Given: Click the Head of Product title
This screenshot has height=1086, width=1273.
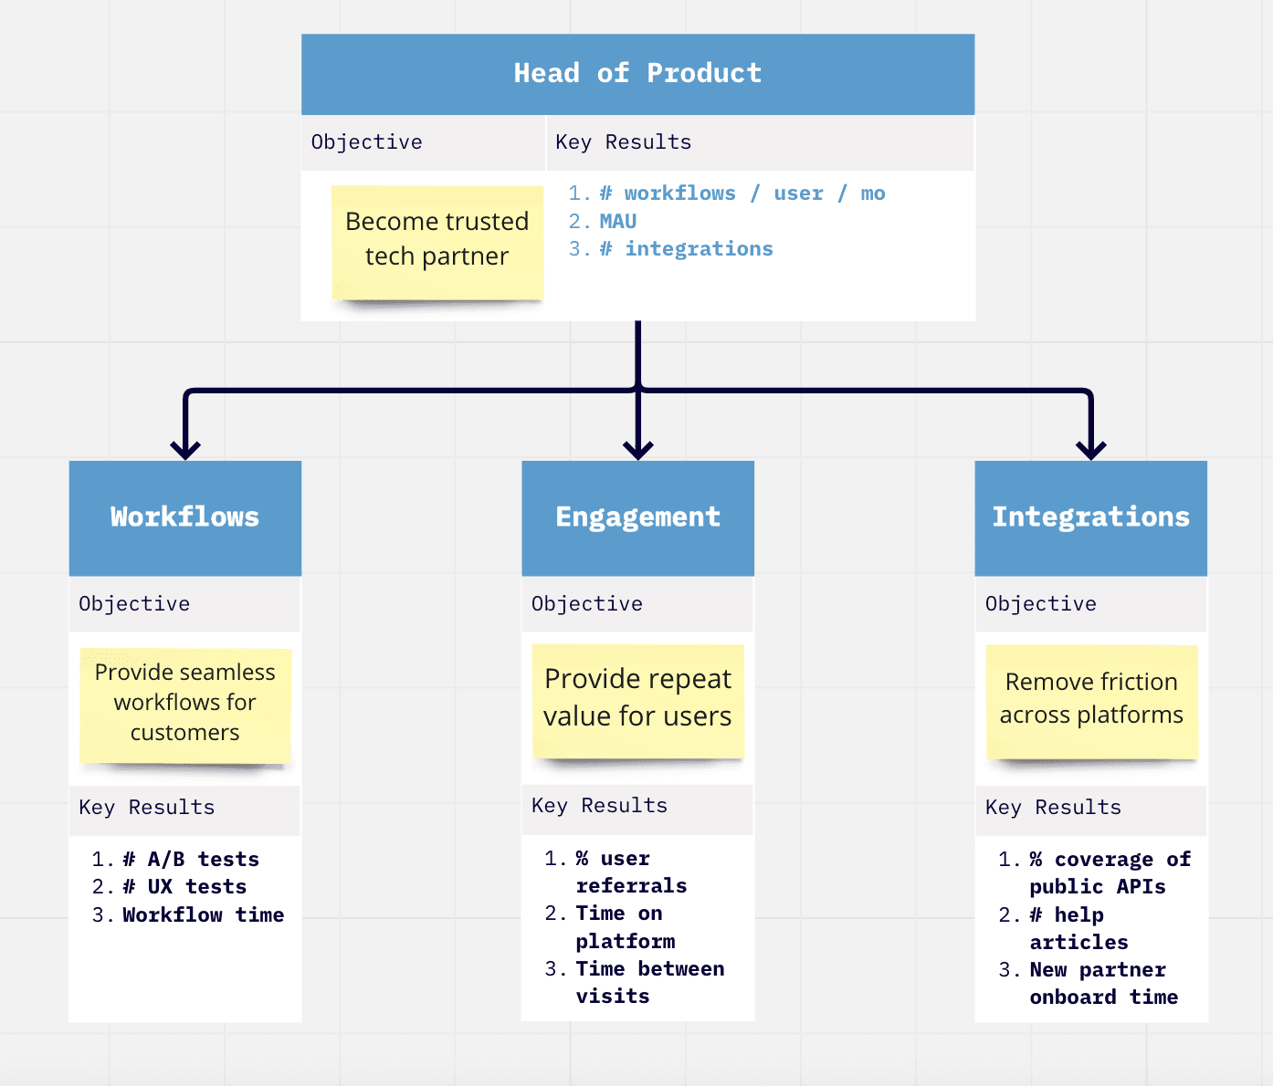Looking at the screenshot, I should point(637,73).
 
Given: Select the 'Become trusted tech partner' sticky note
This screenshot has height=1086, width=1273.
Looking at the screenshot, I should point(437,241).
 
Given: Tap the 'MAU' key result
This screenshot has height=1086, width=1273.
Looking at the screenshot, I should point(617,221).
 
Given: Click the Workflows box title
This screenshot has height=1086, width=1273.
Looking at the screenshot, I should point(184,517).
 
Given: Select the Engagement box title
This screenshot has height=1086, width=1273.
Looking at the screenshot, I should point(637,517).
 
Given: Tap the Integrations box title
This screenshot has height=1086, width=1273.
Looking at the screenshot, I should point(1090,517).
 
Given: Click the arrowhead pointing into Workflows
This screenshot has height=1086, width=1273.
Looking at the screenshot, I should point(185,449).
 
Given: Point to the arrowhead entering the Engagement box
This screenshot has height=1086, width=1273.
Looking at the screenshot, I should point(637,449).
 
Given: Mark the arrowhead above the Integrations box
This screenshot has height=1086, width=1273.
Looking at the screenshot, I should point(1091,449).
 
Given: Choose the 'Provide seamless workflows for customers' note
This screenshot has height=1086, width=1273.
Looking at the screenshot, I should point(185,703).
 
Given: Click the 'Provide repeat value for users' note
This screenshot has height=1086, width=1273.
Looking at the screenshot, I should point(637,698).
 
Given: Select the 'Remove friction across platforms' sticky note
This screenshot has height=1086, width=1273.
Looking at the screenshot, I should point(1091,699).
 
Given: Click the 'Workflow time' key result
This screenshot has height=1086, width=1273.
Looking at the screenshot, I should point(203,914).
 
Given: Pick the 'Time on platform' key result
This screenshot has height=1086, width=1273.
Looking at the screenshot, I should point(625,927).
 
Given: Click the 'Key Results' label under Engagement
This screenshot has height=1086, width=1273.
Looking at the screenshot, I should point(599,806).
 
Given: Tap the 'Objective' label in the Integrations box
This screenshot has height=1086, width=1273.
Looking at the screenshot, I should point(1040,604).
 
